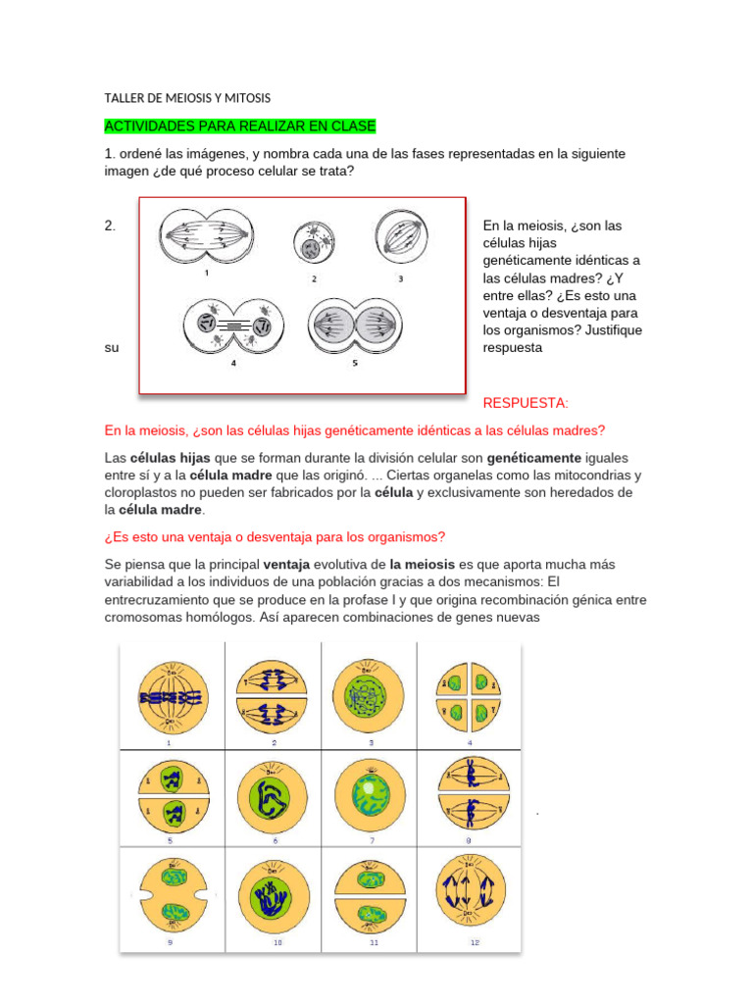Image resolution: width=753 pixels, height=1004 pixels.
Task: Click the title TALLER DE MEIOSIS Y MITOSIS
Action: click(x=187, y=98)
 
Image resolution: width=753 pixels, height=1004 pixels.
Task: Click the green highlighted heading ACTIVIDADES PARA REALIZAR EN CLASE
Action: click(x=240, y=126)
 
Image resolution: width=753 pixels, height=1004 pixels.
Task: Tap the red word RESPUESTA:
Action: click(x=526, y=403)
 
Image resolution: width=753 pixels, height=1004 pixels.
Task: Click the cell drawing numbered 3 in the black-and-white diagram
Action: click(x=400, y=238)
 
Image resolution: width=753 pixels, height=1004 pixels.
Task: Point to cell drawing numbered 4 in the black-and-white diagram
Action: click(x=233, y=327)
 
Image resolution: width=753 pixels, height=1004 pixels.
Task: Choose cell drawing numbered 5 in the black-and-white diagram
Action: click(x=355, y=326)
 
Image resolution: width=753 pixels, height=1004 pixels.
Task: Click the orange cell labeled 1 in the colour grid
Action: click(x=172, y=696)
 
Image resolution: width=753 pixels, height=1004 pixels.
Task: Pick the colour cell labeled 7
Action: click(x=370, y=795)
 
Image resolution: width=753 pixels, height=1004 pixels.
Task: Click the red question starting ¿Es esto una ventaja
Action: click(x=275, y=536)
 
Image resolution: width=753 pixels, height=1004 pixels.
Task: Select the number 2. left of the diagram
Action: click(x=110, y=226)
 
